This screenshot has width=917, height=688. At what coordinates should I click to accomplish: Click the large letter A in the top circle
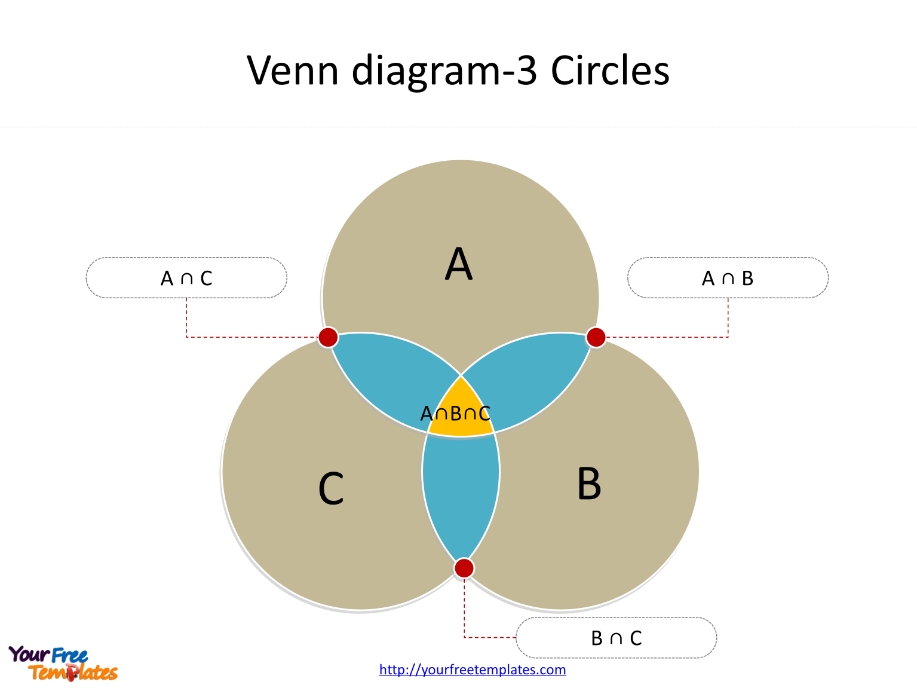pyautogui.click(x=459, y=264)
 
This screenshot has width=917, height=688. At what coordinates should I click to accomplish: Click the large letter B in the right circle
pyautogui.click(x=588, y=484)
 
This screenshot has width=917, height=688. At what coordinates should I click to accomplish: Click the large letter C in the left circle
pyautogui.click(x=331, y=489)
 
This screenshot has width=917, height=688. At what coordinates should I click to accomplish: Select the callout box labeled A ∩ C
pyautogui.click(x=186, y=278)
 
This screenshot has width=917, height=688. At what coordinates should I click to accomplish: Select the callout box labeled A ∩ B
pyautogui.click(x=728, y=278)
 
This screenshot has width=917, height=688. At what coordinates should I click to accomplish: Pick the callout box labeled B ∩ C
pyautogui.click(x=616, y=638)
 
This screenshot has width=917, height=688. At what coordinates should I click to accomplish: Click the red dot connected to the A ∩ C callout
pyautogui.click(x=328, y=337)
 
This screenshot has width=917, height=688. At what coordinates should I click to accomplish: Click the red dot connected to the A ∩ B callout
pyautogui.click(x=596, y=337)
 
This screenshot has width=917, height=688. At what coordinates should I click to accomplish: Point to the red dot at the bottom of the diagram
pyautogui.click(x=464, y=568)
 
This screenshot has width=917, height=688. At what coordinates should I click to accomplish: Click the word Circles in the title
pyautogui.click(x=610, y=71)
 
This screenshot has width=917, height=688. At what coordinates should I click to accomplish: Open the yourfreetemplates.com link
pyautogui.click(x=473, y=669)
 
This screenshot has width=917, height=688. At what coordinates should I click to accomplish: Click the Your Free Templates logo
pyautogui.click(x=63, y=663)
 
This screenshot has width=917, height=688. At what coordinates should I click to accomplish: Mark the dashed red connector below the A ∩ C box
pyautogui.click(x=187, y=317)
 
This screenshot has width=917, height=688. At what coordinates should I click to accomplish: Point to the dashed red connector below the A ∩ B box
pyautogui.click(x=728, y=317)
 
